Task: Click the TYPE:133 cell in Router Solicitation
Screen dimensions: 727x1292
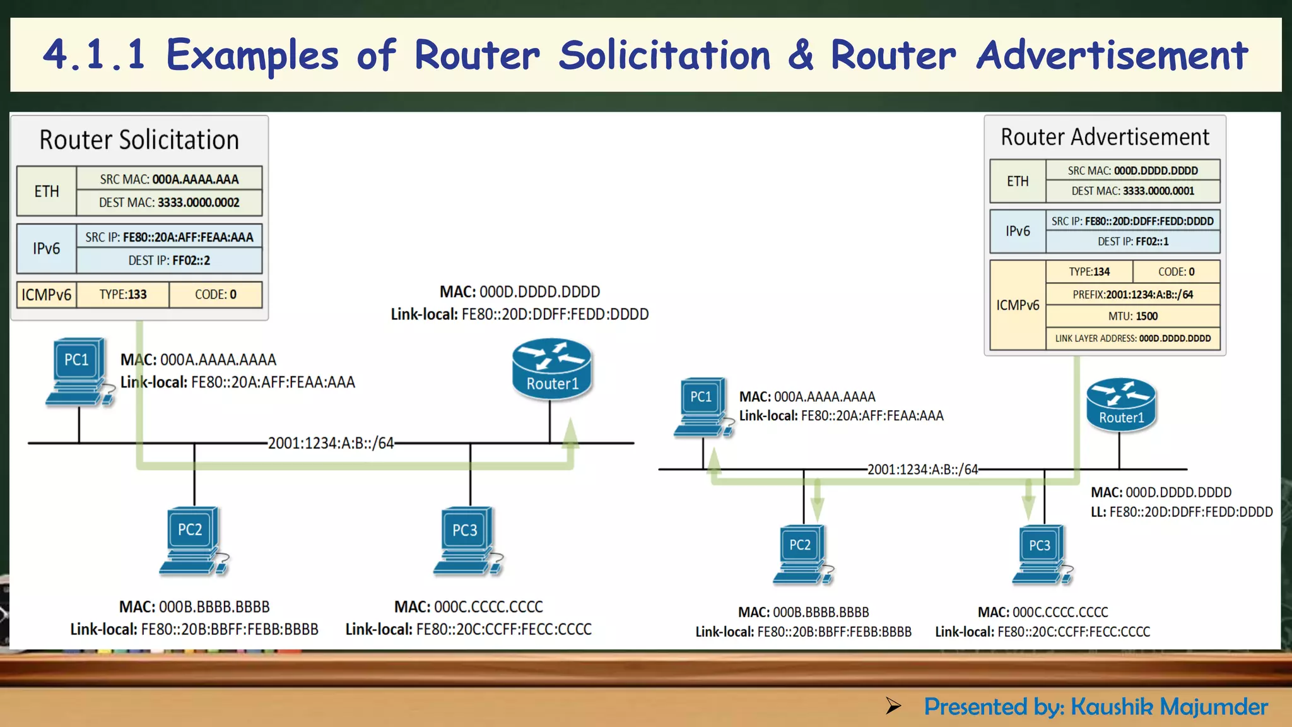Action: (123, 295)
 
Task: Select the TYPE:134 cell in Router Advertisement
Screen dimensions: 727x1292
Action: (1089, 272)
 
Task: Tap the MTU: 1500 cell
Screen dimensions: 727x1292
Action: (1132, 316)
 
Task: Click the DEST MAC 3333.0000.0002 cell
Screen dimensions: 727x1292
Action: (169, 203)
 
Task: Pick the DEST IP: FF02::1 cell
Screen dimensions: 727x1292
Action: (1132, 242)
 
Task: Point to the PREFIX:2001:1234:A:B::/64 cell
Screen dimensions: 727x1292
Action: (1132, 295)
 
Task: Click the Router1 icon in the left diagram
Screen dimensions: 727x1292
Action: (552, 370)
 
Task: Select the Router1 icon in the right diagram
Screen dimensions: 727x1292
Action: (1121, 405)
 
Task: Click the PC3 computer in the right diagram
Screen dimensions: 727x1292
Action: (1041, 555)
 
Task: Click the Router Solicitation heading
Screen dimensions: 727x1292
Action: (139, 140)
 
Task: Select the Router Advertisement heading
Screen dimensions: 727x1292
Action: (1105, 137)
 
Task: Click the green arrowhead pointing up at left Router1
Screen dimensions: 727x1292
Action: (570, 434)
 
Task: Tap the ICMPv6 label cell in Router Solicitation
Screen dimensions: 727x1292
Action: (47, 295)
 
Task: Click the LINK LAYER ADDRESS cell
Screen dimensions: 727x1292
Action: (1132, 339)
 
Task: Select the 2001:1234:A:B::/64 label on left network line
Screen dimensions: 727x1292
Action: (331, 443)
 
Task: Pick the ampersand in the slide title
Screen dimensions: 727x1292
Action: (801, 55)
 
